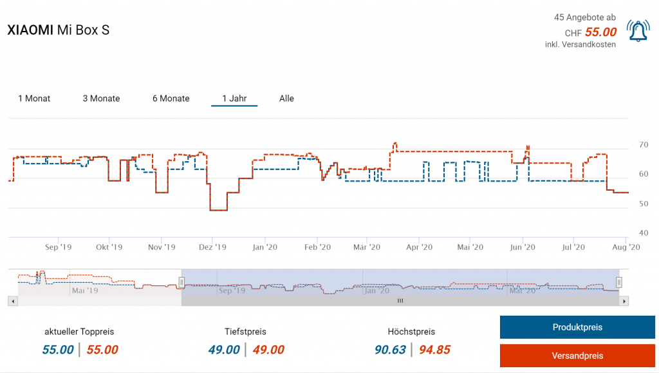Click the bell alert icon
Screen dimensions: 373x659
coord(638,31)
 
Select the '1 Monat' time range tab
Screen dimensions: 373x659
coord(34,99)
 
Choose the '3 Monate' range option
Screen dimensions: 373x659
coord(101,99)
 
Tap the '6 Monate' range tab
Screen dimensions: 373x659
coord(171,99)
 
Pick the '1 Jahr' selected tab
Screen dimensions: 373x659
coord(234,99)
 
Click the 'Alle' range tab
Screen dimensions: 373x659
coord(286,99)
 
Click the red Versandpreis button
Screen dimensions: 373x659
coord(577,356)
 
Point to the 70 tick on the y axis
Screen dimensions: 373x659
coord(643,145)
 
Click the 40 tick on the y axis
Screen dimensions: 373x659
coord(643,233)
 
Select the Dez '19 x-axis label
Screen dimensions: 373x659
coord(212,247)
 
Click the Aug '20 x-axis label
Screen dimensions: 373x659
coord(625,247)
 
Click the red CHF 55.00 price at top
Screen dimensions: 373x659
coord(600,32)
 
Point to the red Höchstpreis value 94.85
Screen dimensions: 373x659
coord(434,350)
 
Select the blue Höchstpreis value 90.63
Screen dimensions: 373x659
coord(390,350)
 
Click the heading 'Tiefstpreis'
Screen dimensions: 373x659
coord(245,332)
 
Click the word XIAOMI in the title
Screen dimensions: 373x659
coord(30,30)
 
